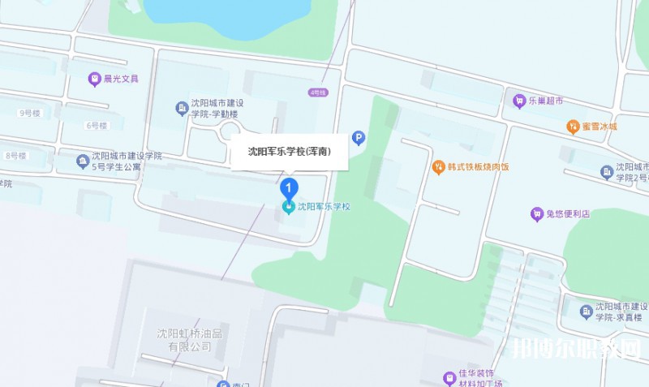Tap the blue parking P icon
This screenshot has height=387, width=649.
click(358, 140)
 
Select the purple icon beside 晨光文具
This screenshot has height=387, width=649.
click(94, 79)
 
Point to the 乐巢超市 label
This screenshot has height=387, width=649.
click(547, 101)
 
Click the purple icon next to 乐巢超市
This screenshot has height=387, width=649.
click(519, 101)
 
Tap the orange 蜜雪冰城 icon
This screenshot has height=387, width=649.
click(573, 127)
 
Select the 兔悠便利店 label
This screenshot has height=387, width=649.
click(568, 214)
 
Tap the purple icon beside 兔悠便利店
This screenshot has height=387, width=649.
click(535, 214)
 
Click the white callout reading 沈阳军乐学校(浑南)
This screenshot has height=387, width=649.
click(290, 151)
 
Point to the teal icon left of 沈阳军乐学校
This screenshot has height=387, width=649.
click(288, 208)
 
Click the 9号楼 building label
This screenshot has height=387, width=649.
click(29, 113)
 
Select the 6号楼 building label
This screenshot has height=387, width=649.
click(96, 125)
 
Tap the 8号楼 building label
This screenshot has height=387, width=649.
click(16, 155)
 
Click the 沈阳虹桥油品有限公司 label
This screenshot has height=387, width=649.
click(184, 339)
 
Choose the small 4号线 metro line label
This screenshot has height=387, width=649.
click(316, 93)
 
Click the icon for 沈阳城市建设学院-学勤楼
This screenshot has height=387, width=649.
click(181, 108)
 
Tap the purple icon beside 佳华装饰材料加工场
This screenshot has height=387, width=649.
click(449, 378)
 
